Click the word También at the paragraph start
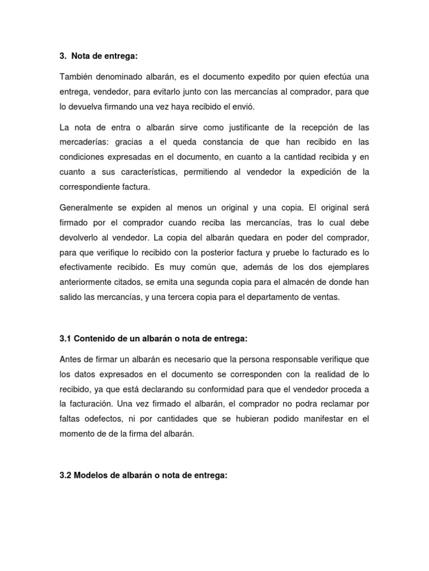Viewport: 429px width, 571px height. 76,76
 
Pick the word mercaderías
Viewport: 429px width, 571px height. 82,142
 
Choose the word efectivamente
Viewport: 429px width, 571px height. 87,268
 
